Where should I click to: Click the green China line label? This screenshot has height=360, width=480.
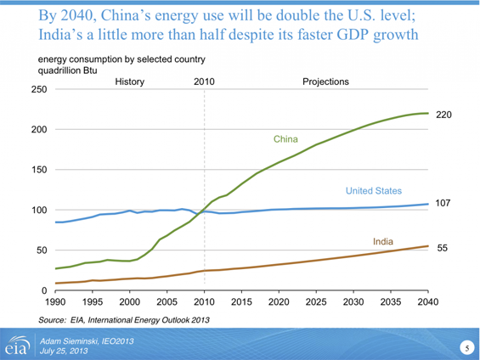[285, 138]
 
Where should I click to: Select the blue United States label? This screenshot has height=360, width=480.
[374, 191]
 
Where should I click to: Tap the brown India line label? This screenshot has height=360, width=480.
[382, 242]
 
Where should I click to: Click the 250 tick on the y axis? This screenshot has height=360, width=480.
[38, 89]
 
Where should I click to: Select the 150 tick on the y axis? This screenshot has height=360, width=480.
[38, 170]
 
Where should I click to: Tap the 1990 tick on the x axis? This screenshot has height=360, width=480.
[55, 302]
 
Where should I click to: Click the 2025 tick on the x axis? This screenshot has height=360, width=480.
[315, 302]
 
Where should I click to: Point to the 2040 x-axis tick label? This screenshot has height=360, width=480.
[427, 302]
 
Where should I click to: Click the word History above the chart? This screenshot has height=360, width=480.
[129, 82]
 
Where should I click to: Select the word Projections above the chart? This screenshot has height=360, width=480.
[325, 82]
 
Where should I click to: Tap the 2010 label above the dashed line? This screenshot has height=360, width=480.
[204, 82]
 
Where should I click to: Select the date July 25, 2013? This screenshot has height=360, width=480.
[65, 350]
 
